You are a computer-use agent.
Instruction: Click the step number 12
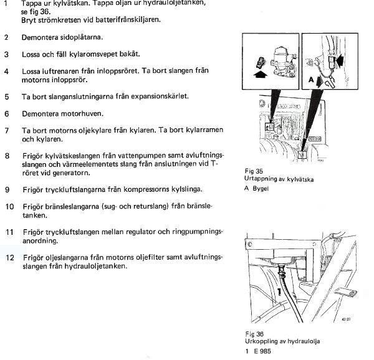coord(8,257)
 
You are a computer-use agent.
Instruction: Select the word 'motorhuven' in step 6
coord(85,114)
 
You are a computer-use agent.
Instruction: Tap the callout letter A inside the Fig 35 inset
coord(310,80)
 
